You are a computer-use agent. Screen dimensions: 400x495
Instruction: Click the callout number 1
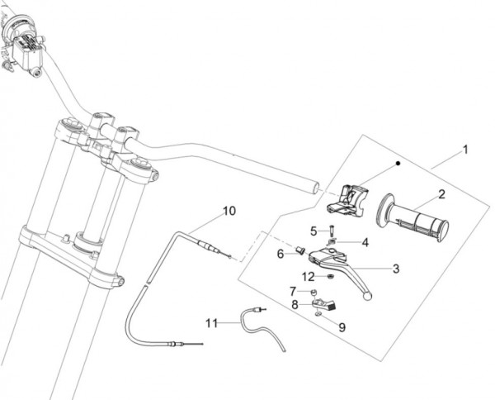tap(465, 150)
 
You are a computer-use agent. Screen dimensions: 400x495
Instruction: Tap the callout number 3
tap(396, 268)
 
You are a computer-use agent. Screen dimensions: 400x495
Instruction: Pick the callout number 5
tap(313, 230)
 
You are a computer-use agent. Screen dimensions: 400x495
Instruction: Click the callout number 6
tap(280, 253)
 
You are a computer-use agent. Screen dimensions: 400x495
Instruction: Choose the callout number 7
tap(293, 291)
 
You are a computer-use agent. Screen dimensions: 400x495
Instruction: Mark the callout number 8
tap(294, 305)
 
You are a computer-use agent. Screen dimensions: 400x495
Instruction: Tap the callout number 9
tap(341, 326)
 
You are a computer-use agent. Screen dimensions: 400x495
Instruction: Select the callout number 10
tap(229, 211)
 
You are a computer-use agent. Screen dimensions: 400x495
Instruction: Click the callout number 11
tap(210, 321)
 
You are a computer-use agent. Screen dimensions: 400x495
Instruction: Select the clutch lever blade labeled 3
tap(355, 269)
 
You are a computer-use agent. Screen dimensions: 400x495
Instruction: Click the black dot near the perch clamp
tap(398, 164)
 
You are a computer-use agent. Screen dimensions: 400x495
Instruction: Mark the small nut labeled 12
tap(328, 276)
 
